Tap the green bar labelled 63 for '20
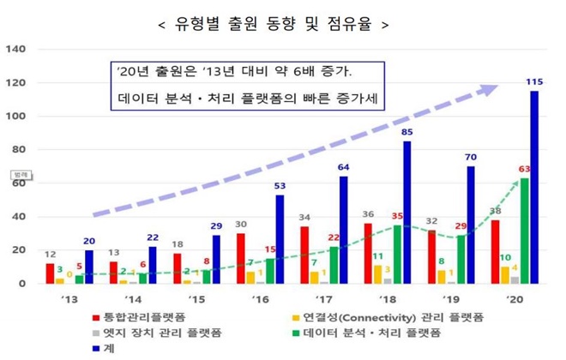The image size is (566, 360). coord(524,230)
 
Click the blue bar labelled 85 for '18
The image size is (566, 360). coord(406,212)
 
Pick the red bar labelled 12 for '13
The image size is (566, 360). coord(50,273)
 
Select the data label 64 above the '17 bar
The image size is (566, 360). coord(343,167)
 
